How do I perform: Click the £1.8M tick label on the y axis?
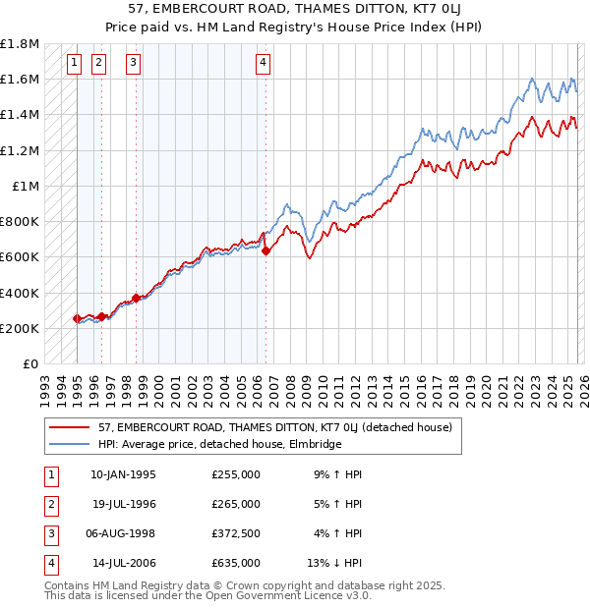pos(20,44)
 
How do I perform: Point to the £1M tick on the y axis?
pos(25,186)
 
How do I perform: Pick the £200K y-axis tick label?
pos(20,328)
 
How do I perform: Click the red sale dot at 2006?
pos(266,250)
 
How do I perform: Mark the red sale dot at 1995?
pos(78,318)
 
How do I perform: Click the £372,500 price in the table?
pos(235,533)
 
